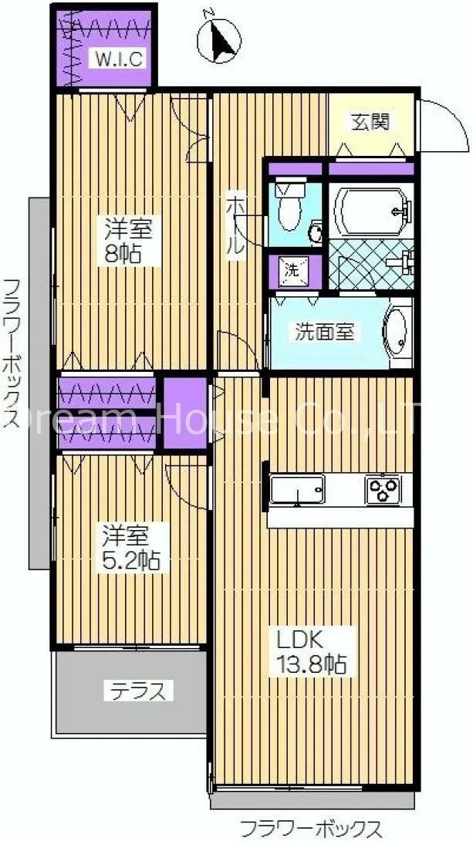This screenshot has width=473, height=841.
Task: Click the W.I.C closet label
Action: click(119, 59)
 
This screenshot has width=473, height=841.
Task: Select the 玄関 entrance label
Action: click(370, 123)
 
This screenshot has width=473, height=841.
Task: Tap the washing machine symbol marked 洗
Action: click(295, 270)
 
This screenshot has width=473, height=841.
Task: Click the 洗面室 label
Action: click(324, 332)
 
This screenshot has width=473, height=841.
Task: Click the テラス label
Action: click(138, 691)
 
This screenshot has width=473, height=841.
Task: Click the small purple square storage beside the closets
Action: click(185, 413)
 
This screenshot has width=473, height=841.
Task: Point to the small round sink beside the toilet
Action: click(316, 233)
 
